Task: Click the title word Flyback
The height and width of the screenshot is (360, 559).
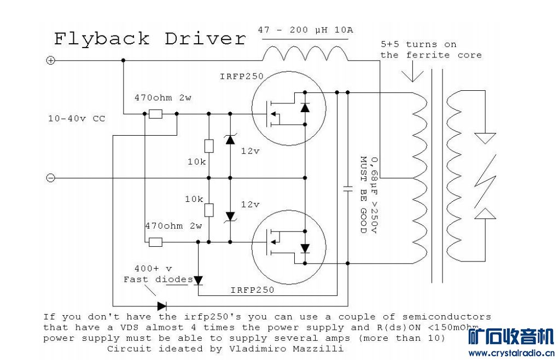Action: tap(102, 39)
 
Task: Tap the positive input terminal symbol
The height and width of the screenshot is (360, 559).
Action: tap(50, 60)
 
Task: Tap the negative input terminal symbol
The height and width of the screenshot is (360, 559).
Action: tap(50, 178)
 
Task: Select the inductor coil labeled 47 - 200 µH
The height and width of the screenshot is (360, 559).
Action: tap(305, 54)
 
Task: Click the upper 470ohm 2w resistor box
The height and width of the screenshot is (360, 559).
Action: tap(155, 114)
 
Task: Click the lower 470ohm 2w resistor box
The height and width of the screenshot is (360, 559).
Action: tap(155, 242)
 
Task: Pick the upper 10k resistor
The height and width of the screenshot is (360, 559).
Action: tap(208, 146)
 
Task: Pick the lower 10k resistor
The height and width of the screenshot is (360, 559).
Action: tap(208, 210)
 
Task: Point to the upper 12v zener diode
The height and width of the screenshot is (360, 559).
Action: tap(230, 139)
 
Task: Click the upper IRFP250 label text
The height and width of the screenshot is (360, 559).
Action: tap(242, 77)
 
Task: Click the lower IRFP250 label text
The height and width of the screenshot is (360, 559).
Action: tap(252, 289)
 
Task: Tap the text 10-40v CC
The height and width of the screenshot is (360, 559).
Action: tap(76, 118)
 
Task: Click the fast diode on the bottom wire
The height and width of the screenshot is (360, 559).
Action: tap(162, 306)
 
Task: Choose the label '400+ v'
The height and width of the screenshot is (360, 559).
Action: tap(153, 269)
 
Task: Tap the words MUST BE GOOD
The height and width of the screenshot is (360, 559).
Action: tap(362, 195)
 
